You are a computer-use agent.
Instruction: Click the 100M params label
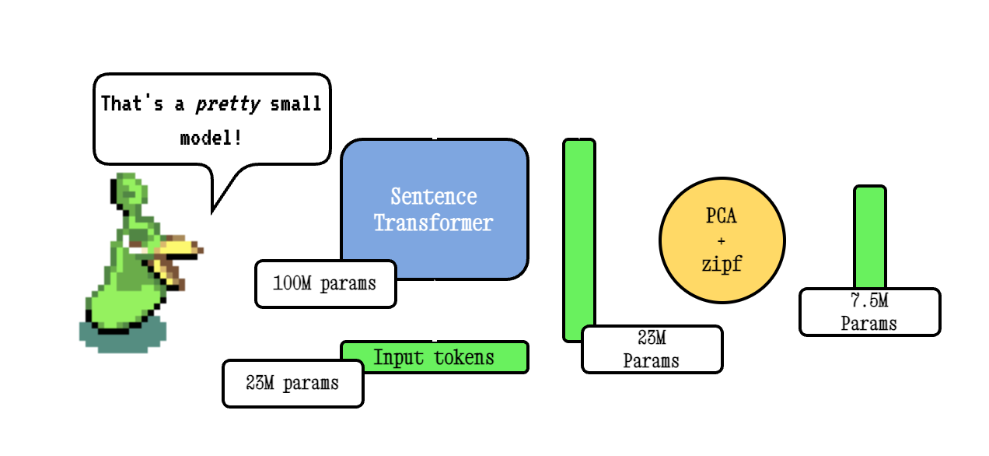pos(325,284)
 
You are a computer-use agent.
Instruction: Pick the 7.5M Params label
pos(869,312)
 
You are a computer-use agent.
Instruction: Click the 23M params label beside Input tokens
pos(292,383)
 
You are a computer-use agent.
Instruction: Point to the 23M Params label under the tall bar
pos(651,349)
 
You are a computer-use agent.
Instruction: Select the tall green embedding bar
pos(579,233)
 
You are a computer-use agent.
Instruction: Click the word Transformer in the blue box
pos(433,223)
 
